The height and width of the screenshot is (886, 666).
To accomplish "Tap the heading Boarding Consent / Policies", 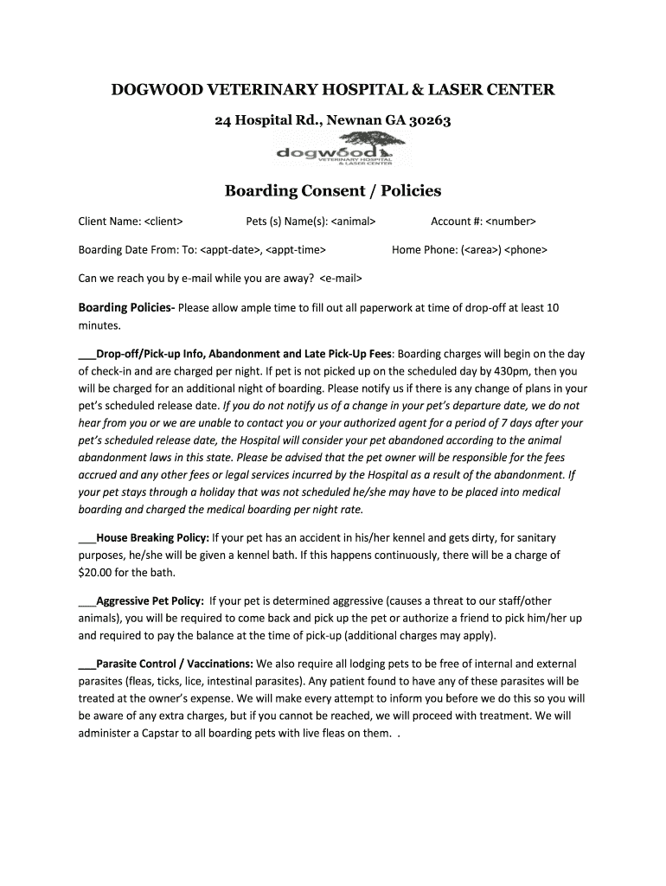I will [333, 190].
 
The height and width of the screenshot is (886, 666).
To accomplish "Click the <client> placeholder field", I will [163, 221].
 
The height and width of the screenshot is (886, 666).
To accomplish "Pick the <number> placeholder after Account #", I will [511, 221].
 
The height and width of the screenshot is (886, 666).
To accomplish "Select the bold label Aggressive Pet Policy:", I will [150, 600].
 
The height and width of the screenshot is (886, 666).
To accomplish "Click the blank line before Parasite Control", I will [86, 664].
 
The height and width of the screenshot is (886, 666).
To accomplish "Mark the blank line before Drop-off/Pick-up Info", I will [86, 355].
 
